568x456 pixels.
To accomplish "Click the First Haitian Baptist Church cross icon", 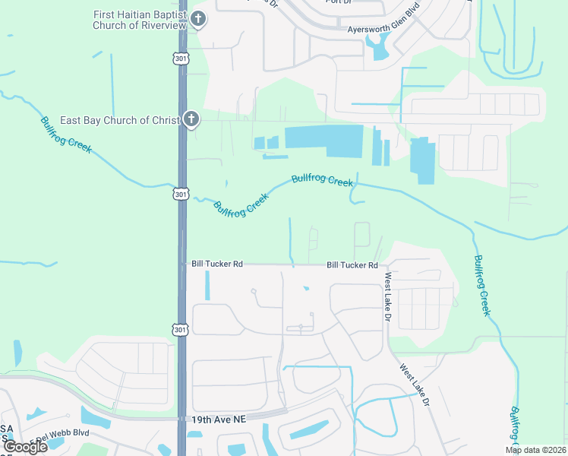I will coord(197,19).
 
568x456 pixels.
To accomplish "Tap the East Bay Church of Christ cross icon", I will coord(191,119).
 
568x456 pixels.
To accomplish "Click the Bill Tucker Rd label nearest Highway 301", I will coord(217,264).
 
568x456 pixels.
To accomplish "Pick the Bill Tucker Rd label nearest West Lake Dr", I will coord(352,265).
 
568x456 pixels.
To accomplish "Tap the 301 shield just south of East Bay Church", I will coord(180,194).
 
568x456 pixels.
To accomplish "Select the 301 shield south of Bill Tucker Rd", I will coord(180,329).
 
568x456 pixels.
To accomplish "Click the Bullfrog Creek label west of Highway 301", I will coord(67,135).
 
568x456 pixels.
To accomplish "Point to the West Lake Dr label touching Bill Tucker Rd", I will coord(387,296).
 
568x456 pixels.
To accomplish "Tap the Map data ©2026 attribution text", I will coord(535,450).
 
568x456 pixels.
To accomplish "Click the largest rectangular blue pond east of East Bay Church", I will coord(324,141).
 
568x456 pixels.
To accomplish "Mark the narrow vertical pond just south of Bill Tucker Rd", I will coord(207,286).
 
